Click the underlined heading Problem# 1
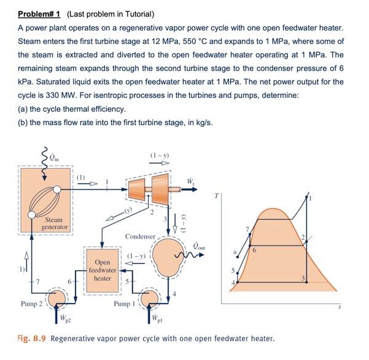pyautogui.click(x=40, y=13)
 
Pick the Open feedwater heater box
pyautogui.click(x=102, y=270)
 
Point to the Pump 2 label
pyautogui.click(x=31, y=303)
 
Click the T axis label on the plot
pyautogui.click(x=215, y=197)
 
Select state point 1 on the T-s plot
pyautogui.click(x=311, y=197)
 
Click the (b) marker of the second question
pyautogui.click(x=23, y=122)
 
